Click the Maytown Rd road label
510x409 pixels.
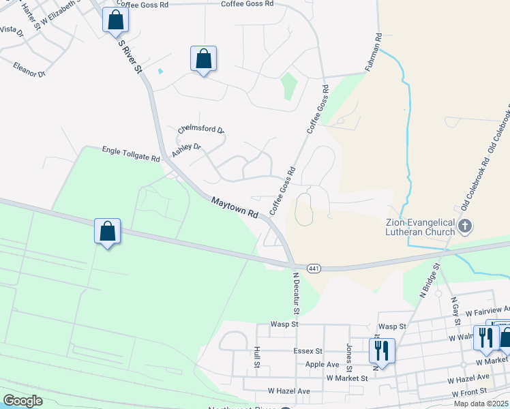(235, 208)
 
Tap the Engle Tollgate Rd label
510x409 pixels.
(131, 153)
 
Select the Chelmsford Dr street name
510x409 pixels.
(201, 130)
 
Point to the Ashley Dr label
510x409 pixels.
(186, 150)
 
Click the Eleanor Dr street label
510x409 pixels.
(29, 69)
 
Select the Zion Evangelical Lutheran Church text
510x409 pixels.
(419, 228)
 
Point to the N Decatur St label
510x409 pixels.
(296, 294)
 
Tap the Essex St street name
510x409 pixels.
(308, 351)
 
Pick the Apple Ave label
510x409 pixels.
(322, 365)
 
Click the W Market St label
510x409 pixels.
(347, 378)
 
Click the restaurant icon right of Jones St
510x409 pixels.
(381, 350)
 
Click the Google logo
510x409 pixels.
(22, 401)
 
